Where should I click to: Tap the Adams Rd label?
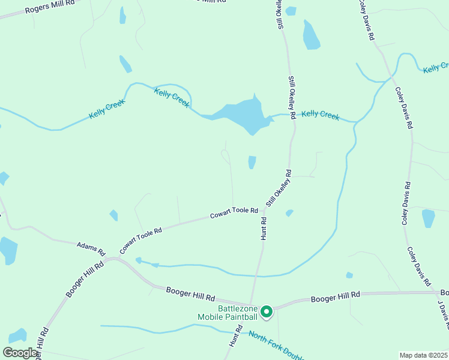(x=91, y=247)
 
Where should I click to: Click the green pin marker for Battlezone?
(x=267, y=311)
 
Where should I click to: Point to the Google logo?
(x=20, y=353)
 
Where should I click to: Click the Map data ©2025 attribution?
(x=424, y=355)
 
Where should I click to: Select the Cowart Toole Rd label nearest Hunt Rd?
(x=234, y=213)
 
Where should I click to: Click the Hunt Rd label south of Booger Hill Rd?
(x=235, y=336)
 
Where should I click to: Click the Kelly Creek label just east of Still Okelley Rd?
(x=320, y=114)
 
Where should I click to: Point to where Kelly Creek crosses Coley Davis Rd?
(x=391, y=76)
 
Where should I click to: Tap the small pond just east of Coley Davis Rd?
(x=428, y=218)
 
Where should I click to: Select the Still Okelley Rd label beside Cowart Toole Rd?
(x=279, y=188)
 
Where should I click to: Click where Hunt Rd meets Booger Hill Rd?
(x=251, y=304)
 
